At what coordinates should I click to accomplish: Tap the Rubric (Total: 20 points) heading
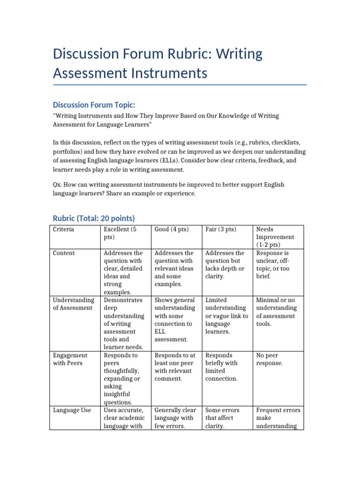pos(94,218)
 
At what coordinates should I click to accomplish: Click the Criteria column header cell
pos(63,229)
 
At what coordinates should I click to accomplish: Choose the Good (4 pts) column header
pos(171,229)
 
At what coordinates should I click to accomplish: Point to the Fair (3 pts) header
pos(221,229)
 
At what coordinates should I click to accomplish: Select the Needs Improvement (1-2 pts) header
pos(275,237)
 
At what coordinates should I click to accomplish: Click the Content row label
pos(64,253)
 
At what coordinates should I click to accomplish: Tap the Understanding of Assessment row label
pos(73,304)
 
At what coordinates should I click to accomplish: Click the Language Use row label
pos(72,410)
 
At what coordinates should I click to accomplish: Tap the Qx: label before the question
pos(58,185)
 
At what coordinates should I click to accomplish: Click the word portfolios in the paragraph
pos(68,152)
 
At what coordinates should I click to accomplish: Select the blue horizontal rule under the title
pos(180,85)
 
